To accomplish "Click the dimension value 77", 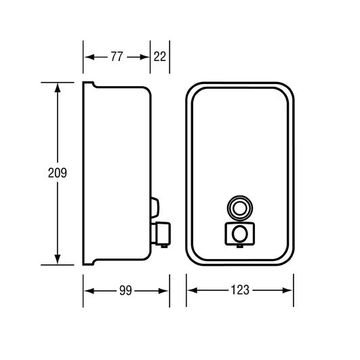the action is coord(117,56).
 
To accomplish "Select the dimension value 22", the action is coord(160,56).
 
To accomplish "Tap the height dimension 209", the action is coord(58,173).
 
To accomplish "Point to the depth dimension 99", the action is coord(125,291).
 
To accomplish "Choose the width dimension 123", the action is coord(240,290).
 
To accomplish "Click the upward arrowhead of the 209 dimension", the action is coord(58,87).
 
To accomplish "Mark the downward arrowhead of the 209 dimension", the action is coord(58,259).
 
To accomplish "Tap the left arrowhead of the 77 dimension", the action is coord(89,57).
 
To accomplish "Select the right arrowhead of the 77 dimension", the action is coord(144,57).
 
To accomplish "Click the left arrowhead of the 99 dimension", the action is coord(89,291).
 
